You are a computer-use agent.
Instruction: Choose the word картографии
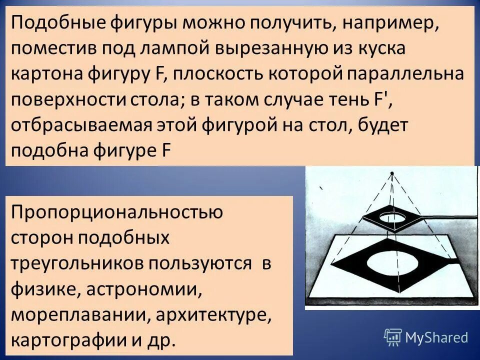(68, 340)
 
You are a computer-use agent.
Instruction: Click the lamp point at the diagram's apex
(392, 173)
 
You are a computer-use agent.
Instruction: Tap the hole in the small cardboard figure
(393, 217)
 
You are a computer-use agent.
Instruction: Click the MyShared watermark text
(436, 337)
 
